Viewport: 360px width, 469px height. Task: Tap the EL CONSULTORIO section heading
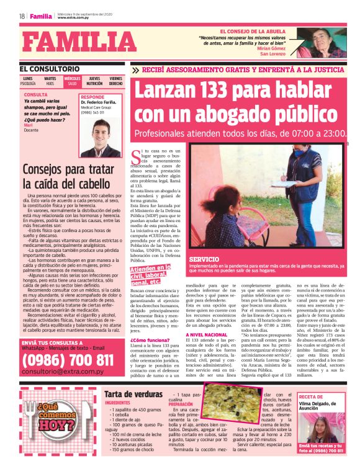[x=50, y=68]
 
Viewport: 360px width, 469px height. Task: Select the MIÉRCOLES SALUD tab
[x=72, y=81]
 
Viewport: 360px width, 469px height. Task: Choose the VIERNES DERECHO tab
[x=116, y=81]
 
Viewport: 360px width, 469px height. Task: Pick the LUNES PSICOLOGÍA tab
[x=28, y=81]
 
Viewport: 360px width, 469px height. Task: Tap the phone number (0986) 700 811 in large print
[x=68, y=360]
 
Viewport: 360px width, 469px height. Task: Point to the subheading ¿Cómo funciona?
[x=148, y=341]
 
